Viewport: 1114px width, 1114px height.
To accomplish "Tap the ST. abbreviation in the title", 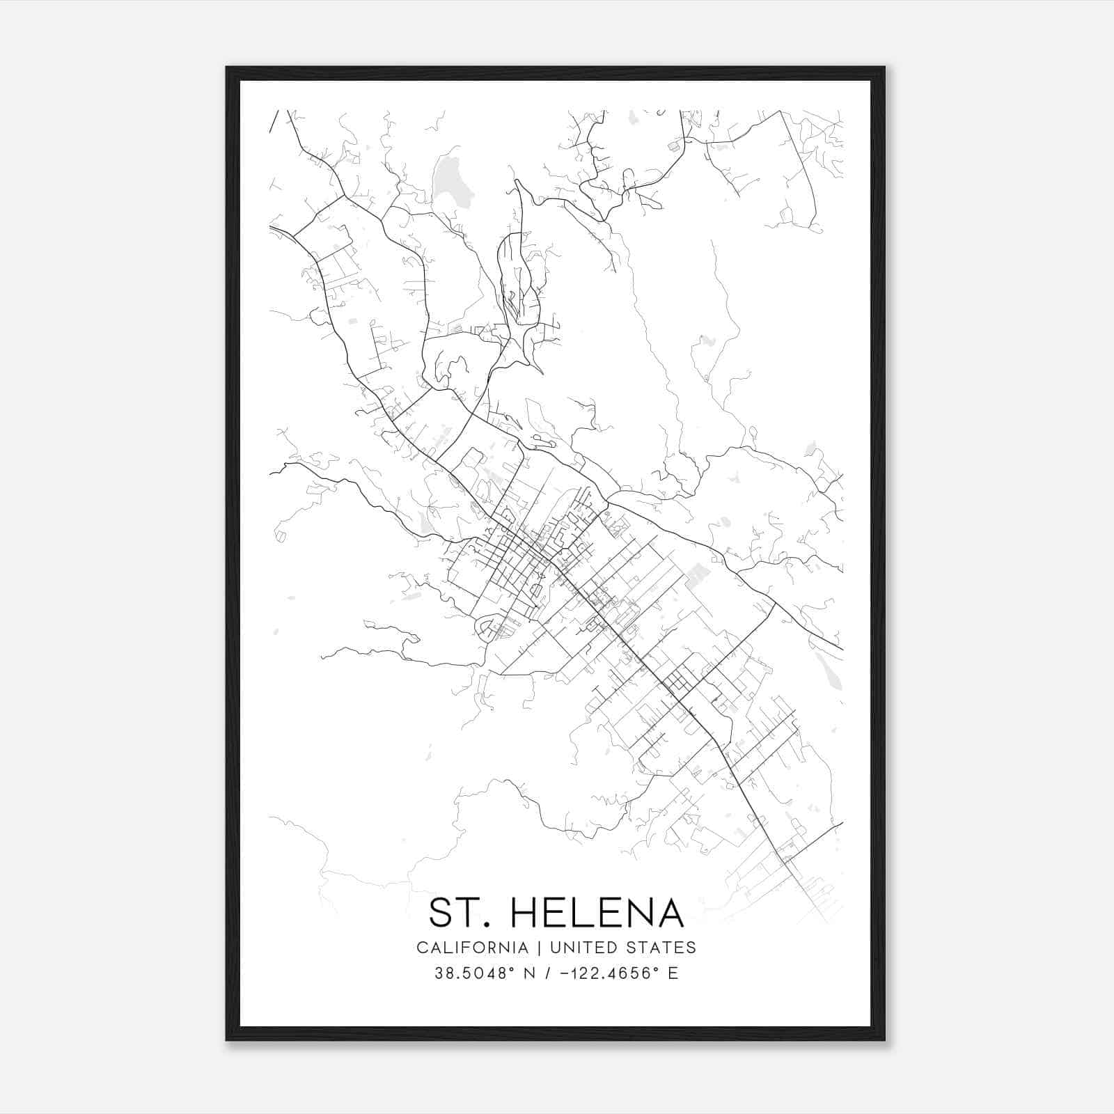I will [456, 913].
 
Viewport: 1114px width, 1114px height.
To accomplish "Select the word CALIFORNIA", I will [472, 948].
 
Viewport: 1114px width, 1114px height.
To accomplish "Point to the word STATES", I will [660, 948].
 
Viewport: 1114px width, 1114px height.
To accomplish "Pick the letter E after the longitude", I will [673, 973].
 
